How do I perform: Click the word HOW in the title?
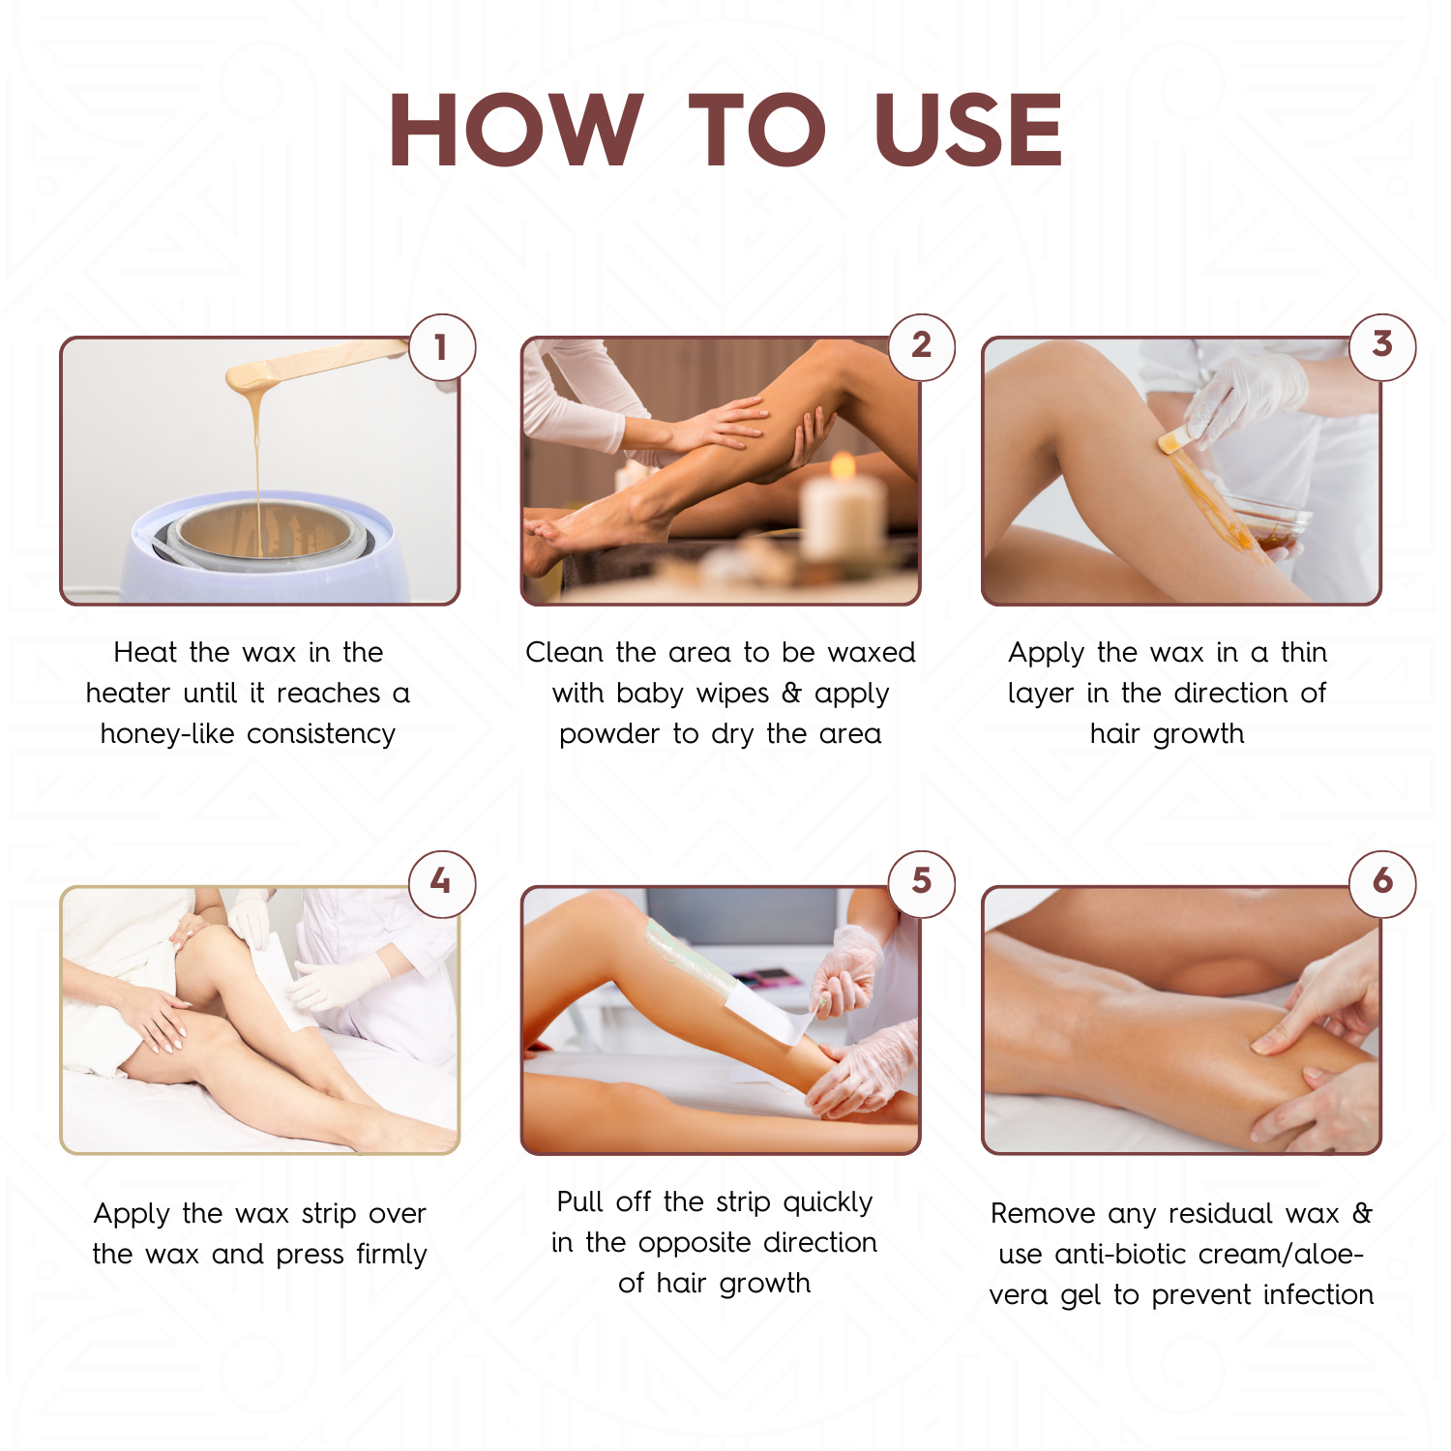pyautogui.click(x=516, y=131)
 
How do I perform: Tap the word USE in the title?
pyautogui.click(x=967, y=131)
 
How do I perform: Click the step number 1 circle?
pyautogui.click(x=441, y=346)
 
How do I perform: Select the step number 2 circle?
pyautogui.click(x=921, y=345)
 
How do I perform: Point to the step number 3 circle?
pyautogui.click(x=1382, y=345)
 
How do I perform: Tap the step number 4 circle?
pyautogui.click(x=441, y=882)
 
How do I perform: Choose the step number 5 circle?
pyautogui.click(x=921, y=882)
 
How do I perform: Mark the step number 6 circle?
pyautogui.click(x=1382, y=882)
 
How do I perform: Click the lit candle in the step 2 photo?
pyautogui.click(x=844, y=513)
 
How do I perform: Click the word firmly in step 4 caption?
pyautogui.click(x=391, y=1255)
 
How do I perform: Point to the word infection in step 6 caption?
pyautogui.click(x=1318, y=1295)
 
